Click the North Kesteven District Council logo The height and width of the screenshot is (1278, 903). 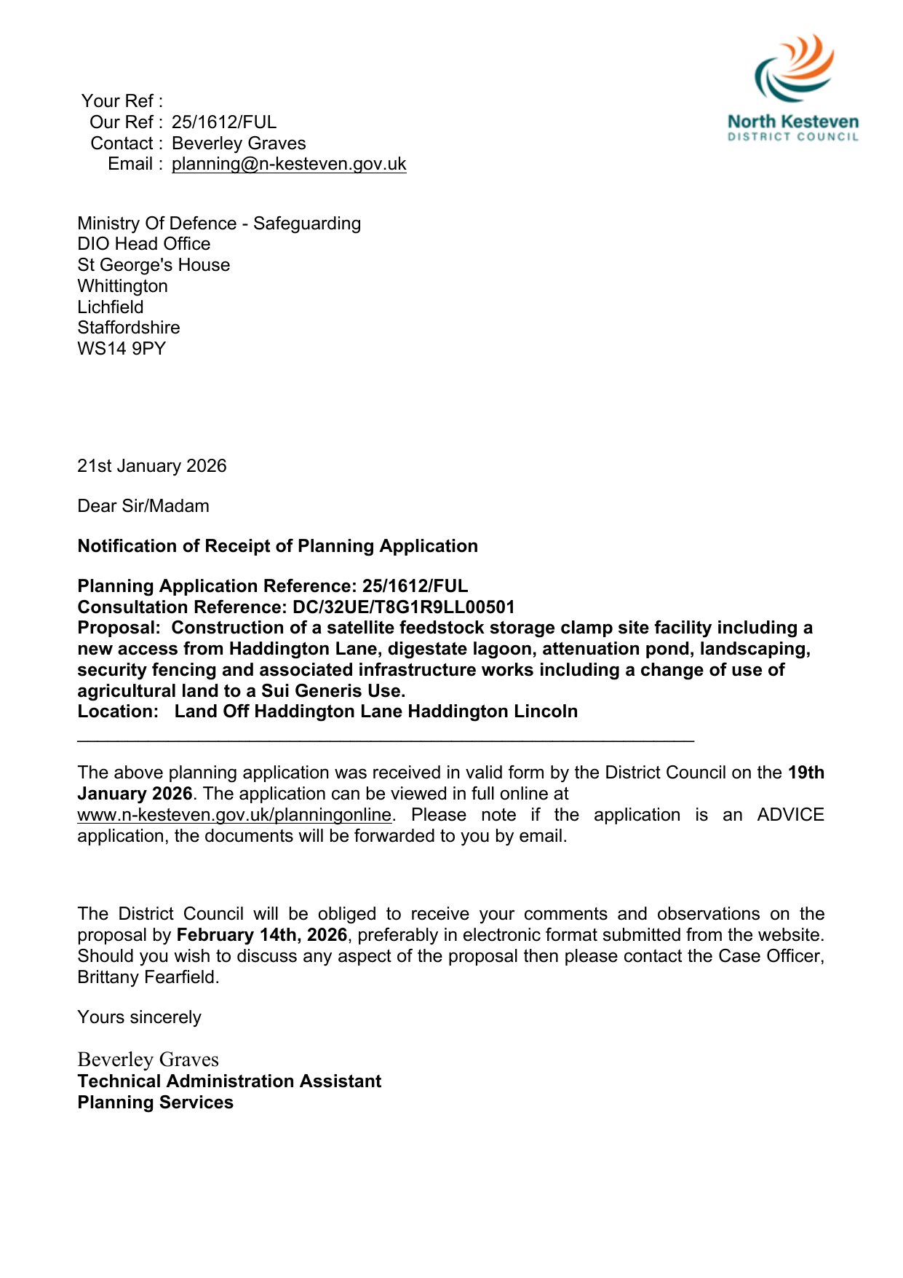pyautogui.click(x=793, y=87)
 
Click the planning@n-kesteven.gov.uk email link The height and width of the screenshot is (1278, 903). pyautogui.click(x=289, y=164)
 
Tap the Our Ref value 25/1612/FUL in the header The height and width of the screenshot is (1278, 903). pyautogui.click(x=224, y=122)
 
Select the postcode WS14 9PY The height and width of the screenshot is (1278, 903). pyautogui.click(x=122, y=349)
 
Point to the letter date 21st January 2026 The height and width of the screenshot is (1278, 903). pyautogui.click(x=152, y=466)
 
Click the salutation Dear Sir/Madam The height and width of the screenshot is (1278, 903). pyautogui.click(x=143, y=506)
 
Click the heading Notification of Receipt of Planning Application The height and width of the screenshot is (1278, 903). pyautogui.click(x=278, y=546)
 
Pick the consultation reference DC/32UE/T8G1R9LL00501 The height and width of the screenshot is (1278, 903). pyautogui.click(x=403, y=607)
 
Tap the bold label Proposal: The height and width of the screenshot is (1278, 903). pyautogui.click(x=119, y=628)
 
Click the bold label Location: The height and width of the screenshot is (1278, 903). pyautogui.click(x=118, y=711)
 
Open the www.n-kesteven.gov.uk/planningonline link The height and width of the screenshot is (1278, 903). pyautogui.click(x=234, y=815)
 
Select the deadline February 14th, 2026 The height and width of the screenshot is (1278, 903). pyautogui.click(x=262, y=935)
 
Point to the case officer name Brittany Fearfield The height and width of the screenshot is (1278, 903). pyautogui.click(x=147, y=977)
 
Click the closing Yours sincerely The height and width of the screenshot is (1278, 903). pyautogui.click(x=139, y=1017)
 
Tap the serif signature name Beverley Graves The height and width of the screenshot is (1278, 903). pyautogui.click(x=148, y=1060)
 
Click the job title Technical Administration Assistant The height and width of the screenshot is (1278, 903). pyautogui.click(x=229, y=1081)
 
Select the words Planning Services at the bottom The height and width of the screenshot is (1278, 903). pyautogui.click(x=156, y=1103)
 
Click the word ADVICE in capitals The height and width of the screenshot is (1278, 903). pyautogui.click(x=790, y=815)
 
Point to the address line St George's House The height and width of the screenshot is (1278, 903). pyautogui.click(x=154, y=265)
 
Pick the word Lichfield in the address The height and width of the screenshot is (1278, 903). pyautogui.click(x=111, y=307)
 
